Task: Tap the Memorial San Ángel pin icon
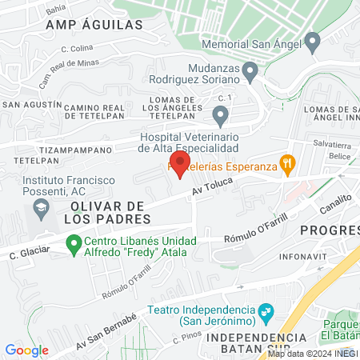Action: [313, 41]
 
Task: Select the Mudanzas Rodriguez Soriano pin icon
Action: [250, 74]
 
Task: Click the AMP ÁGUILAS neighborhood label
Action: [94, 25]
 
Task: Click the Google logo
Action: [26, 350]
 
